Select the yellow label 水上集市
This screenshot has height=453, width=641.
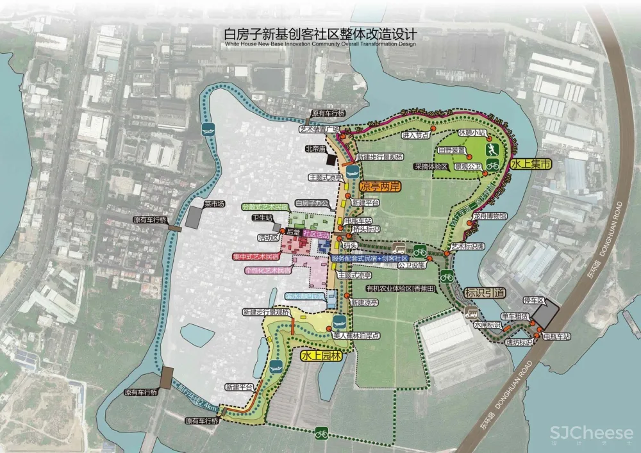click(531, 165)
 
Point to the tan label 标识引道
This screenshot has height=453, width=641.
click(487, 292)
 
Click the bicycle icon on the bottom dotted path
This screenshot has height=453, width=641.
click(321, 434)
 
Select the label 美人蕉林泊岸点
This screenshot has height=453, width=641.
click(358, 335)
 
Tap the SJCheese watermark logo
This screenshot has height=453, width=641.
click(581, 434)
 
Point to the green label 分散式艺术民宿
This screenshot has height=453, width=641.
click(265, 207)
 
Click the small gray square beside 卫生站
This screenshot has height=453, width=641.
click(277, 227)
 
